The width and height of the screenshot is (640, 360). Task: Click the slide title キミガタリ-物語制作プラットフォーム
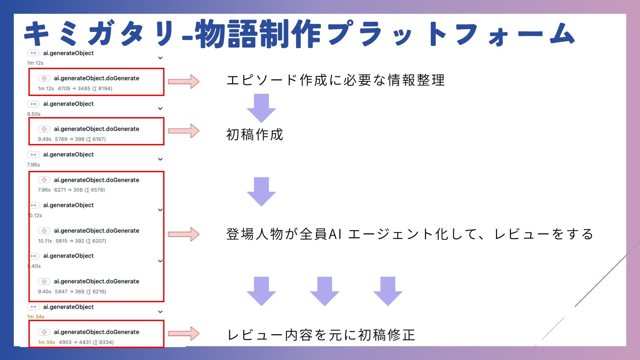(x=299, y=34)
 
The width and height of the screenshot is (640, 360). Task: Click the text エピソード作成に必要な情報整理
(x=335, y=80)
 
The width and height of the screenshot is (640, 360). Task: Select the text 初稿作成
(x=255, y=135)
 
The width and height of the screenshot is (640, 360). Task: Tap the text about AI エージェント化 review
(x=410, y=234)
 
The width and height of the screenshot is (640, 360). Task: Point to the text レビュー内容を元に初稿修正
(x=321, y=335)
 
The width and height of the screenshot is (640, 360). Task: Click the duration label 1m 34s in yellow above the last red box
(x=36, y=317)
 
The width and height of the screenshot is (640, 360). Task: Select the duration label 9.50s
(x=34, y=114)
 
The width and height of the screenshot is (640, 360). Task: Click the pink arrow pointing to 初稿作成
(x=184, y=131)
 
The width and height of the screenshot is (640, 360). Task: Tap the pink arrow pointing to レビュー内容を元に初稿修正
(x=184, y=333)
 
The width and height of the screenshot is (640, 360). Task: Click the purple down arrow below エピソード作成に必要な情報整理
(x=261, y=108)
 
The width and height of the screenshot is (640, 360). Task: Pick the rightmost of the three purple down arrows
(x=388, y=291)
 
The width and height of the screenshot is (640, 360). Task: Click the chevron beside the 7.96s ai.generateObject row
(x=160, y=159)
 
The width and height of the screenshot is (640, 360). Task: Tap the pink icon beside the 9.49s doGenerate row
(x=44, y=129)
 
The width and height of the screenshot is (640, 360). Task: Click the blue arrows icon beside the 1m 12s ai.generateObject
(x=33, y=53)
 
